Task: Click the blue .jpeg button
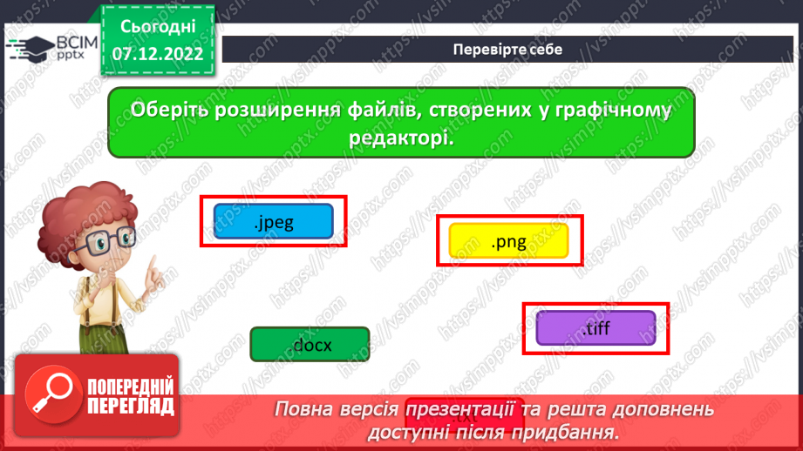[x=274, y=222]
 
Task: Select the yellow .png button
[x=508, y=241]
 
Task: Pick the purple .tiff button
[x=595, y=327]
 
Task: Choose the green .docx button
[x=310, y=344]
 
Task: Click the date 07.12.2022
[x=158, y=54]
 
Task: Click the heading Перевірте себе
[x=507, y=49]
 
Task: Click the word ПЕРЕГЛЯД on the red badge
[x=132, y=406]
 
